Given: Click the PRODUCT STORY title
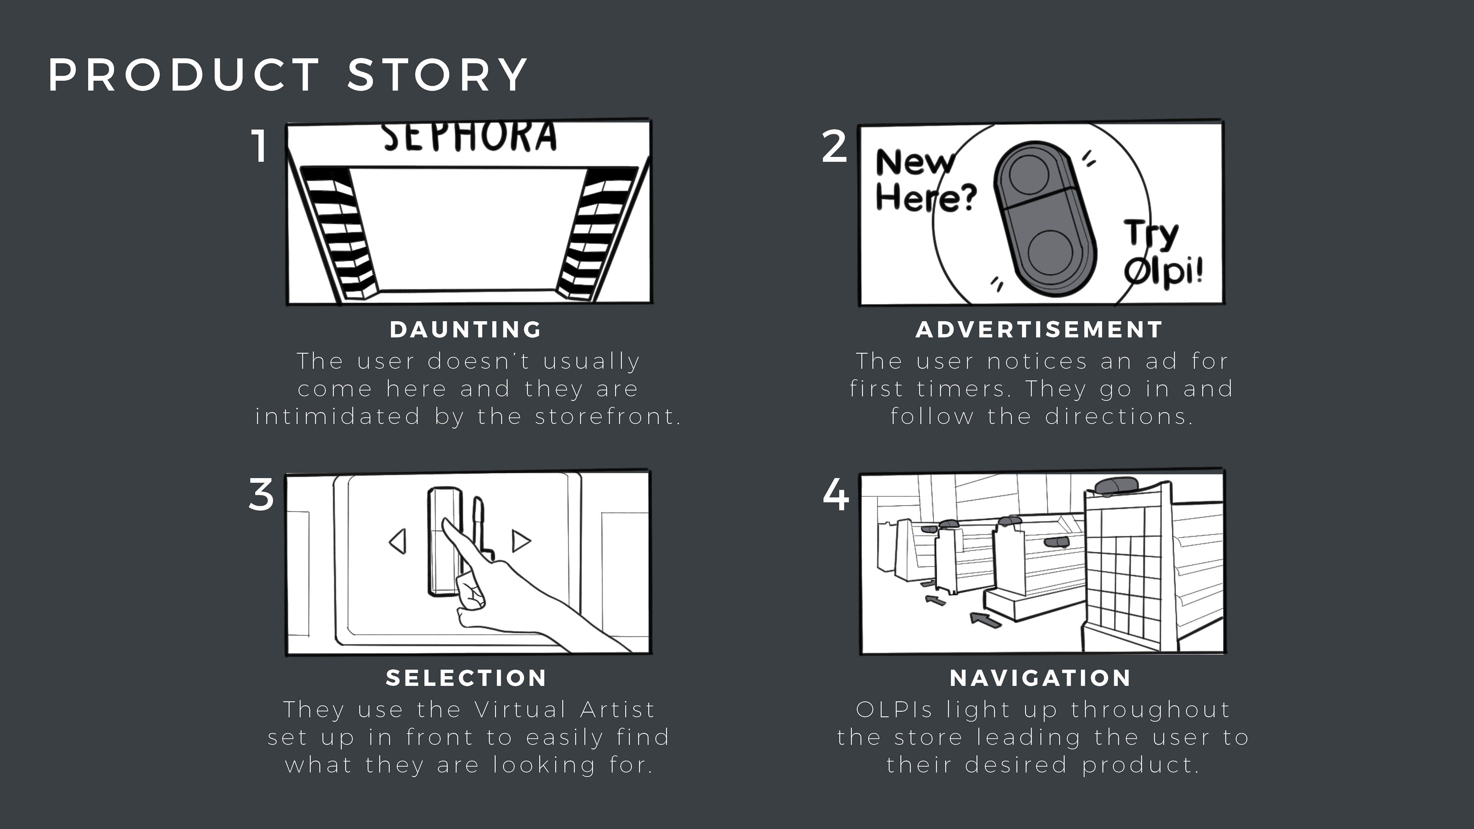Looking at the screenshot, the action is pos(288,74).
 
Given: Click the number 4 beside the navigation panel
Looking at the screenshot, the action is pos(835,494).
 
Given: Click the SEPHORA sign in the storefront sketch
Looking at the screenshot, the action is pos(469,137).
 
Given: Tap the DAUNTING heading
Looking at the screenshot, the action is pos(466,330).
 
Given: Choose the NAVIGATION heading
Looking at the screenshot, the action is pos(1040,678).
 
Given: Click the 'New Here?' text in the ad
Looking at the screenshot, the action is pos(924,180).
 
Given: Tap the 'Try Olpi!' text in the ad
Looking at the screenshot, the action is pos(1162,252).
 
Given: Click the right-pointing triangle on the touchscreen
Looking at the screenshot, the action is pos(520,541).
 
